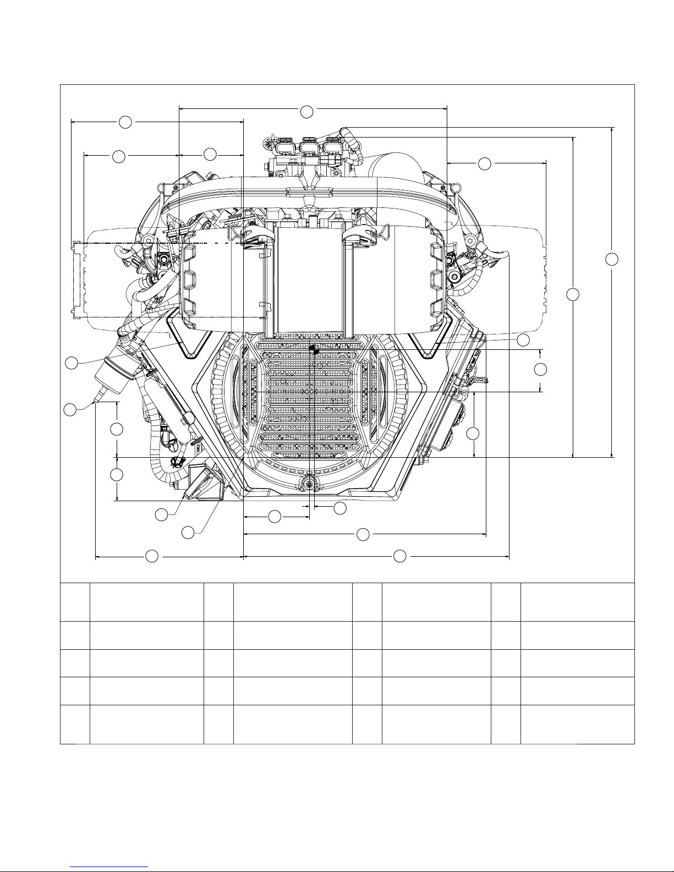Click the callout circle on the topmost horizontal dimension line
[x=307, y=112]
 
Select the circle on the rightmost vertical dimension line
[x=612, y=259]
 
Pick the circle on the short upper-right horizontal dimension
[x=484, y=163]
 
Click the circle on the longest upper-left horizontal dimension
[x=125, y=122]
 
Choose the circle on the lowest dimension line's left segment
[x=152, y=556]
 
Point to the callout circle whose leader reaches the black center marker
[x=523, y=340]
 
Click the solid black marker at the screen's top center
[x=312, y=348]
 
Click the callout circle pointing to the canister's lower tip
[x=70, y=410]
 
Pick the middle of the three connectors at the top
[x=308, y=147]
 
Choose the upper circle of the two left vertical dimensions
[x=116, y=429]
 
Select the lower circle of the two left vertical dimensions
[x=116, y=474]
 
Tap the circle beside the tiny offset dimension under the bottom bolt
[x=340, y=508]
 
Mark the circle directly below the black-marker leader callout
[x=541, y=369]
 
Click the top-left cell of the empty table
[x=75, y=601]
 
